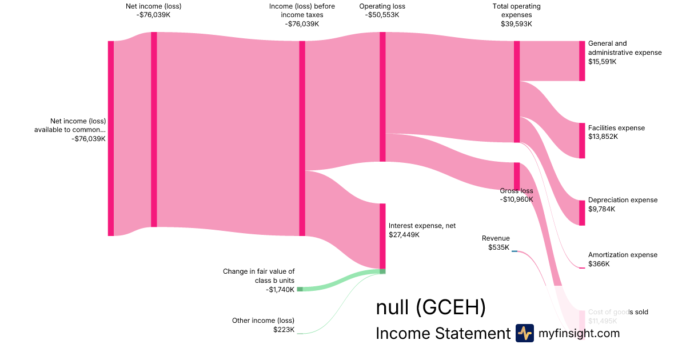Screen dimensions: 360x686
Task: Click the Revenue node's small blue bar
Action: pyautogui.click(x=514, y=251)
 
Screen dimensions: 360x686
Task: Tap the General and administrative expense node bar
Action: pyautogui.click(x=582, y=61)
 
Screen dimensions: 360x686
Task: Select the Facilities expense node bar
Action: pyautogui.click(x=582, y=141)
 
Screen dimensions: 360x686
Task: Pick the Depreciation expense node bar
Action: pyautogui.click(x=582, y=213)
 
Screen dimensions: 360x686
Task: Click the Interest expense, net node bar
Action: pyautogui.click(x=382, y=236)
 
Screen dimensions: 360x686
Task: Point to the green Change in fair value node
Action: pyautogui.click(x=300, y=289)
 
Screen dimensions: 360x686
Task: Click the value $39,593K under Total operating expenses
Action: pyautogui.click(x=516, y=24)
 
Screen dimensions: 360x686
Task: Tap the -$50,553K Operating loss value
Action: pyautogui.click(x=382, y=15)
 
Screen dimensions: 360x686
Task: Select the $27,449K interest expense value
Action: pyautogui.click(x=404, y=235)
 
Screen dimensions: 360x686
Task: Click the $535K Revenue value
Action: pyautogui.click(x=498, y=247)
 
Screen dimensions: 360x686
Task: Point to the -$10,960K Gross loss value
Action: pyautogui.click(x=516, y=199)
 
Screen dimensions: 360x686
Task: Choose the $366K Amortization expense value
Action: pyautogui.click(x=599, y=264)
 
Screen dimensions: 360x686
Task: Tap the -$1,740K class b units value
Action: pyautogui.click(x=280, y=290)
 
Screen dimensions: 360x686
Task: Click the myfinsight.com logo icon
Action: pyautogui.click(x=524, y=333)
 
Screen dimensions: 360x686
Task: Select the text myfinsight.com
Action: pyautogui.click(x=579, y=333)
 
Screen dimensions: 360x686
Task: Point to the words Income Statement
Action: pyautogui.click(x=442, y=334)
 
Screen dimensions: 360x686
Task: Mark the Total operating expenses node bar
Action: pyautogui.click(x=516, y=91)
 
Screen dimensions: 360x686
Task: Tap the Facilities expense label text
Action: pyautogui.click(x=616, y=128)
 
